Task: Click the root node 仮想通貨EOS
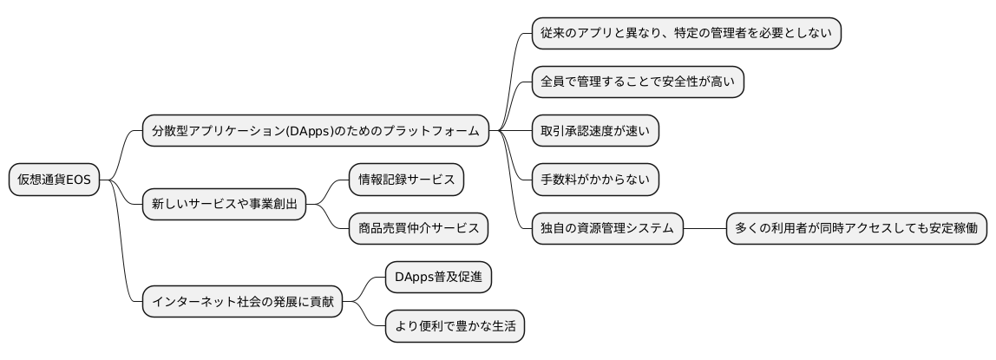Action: (x=54, y=180)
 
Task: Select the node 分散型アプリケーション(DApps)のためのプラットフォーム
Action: (x=315, y=131)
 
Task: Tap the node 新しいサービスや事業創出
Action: (x=224, y=205)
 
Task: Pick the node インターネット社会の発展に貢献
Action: (x=242, y=302)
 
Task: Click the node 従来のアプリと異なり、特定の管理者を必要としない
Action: (x=685, y=34)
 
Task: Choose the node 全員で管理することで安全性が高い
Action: (x=638, y=82)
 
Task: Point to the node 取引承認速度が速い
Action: (x=595, y=131)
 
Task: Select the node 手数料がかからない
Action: (x=595, y=180)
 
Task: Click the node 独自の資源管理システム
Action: (x=607, y=229)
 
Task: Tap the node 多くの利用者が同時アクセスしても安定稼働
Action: (x=856, y=229)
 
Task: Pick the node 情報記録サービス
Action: (x=406, y=180)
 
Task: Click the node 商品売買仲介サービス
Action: (x=418, y=229)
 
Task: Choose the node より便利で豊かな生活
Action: (x=455, y=326)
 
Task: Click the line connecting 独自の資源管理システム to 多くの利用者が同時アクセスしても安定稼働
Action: (x=704, y=229)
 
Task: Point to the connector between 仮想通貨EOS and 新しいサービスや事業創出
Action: (x=121, y=194)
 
